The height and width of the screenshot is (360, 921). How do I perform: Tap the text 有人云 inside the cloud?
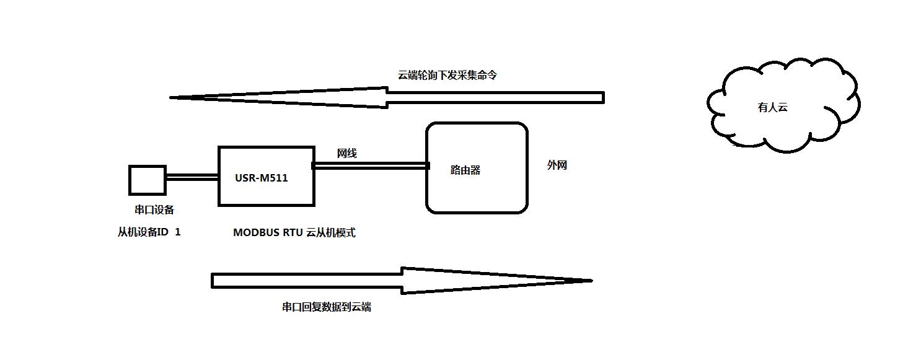[772, 107]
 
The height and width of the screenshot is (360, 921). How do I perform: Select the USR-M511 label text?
[262, 178]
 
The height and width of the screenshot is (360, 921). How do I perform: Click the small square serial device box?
[147, 180]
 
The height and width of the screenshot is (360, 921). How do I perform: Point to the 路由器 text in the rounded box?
[465, 170]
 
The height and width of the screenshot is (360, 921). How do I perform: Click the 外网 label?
[557, 165]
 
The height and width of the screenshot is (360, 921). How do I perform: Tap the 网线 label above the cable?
[346, 154]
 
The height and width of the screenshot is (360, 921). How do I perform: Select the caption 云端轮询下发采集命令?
[447, 75]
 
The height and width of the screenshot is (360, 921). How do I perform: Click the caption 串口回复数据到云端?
[326, 307]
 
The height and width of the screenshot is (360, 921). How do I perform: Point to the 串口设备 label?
[154, 210]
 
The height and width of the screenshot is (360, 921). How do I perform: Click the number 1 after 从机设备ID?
[178, 232]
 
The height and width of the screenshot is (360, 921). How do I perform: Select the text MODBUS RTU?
[267, 233]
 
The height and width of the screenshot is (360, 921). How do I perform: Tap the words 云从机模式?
[331, 233]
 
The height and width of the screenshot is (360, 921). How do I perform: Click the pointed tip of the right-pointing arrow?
[590, 281]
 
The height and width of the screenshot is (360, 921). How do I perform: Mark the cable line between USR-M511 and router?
[371, 165]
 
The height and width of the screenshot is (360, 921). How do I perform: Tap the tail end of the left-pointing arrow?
[601, 97]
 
